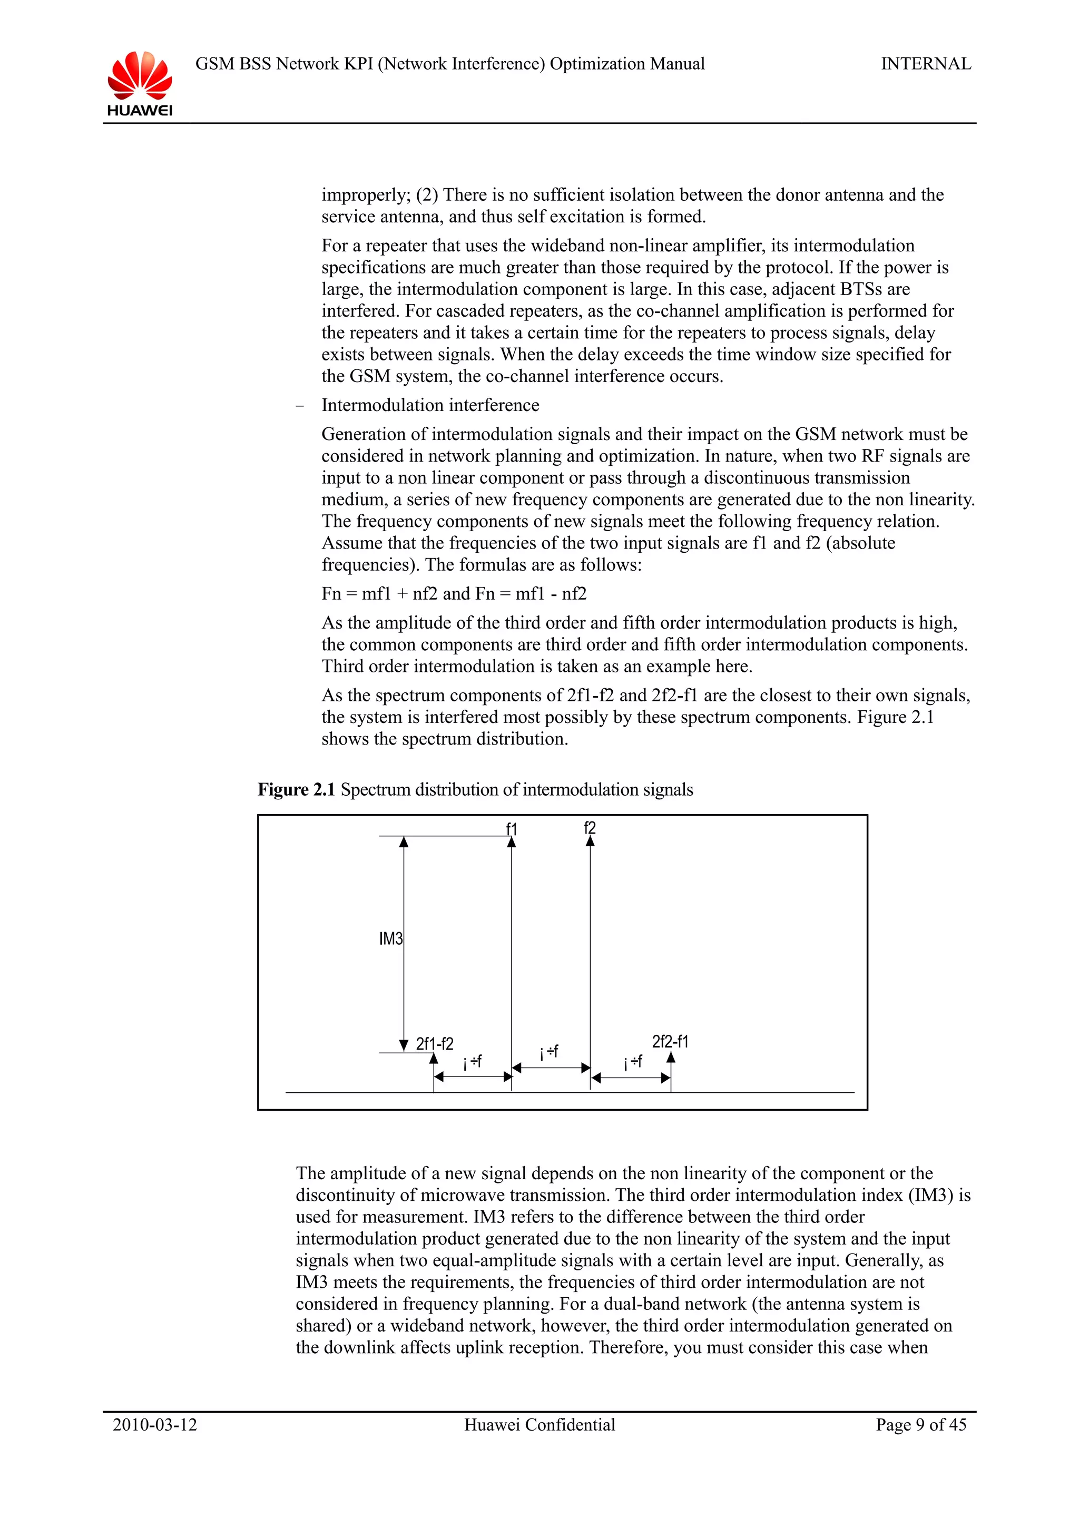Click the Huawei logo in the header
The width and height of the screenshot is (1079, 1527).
coord(140,83)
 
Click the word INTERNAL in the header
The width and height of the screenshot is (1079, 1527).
coord(926,64)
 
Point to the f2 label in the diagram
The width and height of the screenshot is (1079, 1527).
coord(590,827)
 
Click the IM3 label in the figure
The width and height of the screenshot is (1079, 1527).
coord(391,938)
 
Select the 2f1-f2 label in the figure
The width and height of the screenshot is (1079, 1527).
coord(435,1043)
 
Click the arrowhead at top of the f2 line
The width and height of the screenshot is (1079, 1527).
coord(591,842)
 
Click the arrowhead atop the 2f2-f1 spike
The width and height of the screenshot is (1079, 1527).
coord(671,1058)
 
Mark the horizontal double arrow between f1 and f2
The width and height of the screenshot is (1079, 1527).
coord(551,1068)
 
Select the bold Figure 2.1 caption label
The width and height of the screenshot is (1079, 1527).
coord(297,789)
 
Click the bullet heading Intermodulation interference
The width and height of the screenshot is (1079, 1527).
coord(430,405)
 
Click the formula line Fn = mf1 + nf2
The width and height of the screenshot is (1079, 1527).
coord(454,593)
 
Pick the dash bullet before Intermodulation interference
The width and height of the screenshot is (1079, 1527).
coord(300,406)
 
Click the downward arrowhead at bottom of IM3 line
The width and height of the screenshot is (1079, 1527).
coord(404,1045)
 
